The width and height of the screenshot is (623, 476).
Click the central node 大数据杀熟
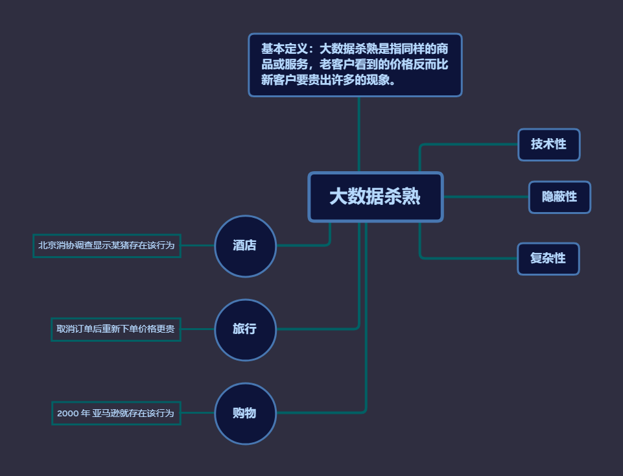(x=375, y=196)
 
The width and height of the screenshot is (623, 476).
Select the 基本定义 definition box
(x=355, y=65)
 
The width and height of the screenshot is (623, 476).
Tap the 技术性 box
(x=548, y=145)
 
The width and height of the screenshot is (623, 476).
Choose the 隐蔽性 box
(x=559, y=197)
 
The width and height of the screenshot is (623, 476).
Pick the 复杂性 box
(x=548, y=259)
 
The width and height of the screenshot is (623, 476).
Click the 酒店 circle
(x=245, y=246)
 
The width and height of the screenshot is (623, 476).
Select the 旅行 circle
(x=245, y=329)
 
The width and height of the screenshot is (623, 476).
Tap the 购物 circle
(x=245, y=413)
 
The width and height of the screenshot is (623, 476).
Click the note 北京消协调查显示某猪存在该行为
(x=106, y=246)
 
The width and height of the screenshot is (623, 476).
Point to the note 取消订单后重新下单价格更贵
(x=115, y=329)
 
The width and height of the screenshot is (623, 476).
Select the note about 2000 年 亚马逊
(x=115, y=413)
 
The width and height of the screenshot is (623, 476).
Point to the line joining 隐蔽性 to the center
(x=486, y=196)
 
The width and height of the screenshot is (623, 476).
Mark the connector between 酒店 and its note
(x=197, y=246)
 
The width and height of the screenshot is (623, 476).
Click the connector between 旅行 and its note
(x=197, y=329)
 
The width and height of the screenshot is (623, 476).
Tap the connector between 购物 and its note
(x=197, y=413)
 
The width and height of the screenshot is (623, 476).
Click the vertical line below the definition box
(x=359, y=133)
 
